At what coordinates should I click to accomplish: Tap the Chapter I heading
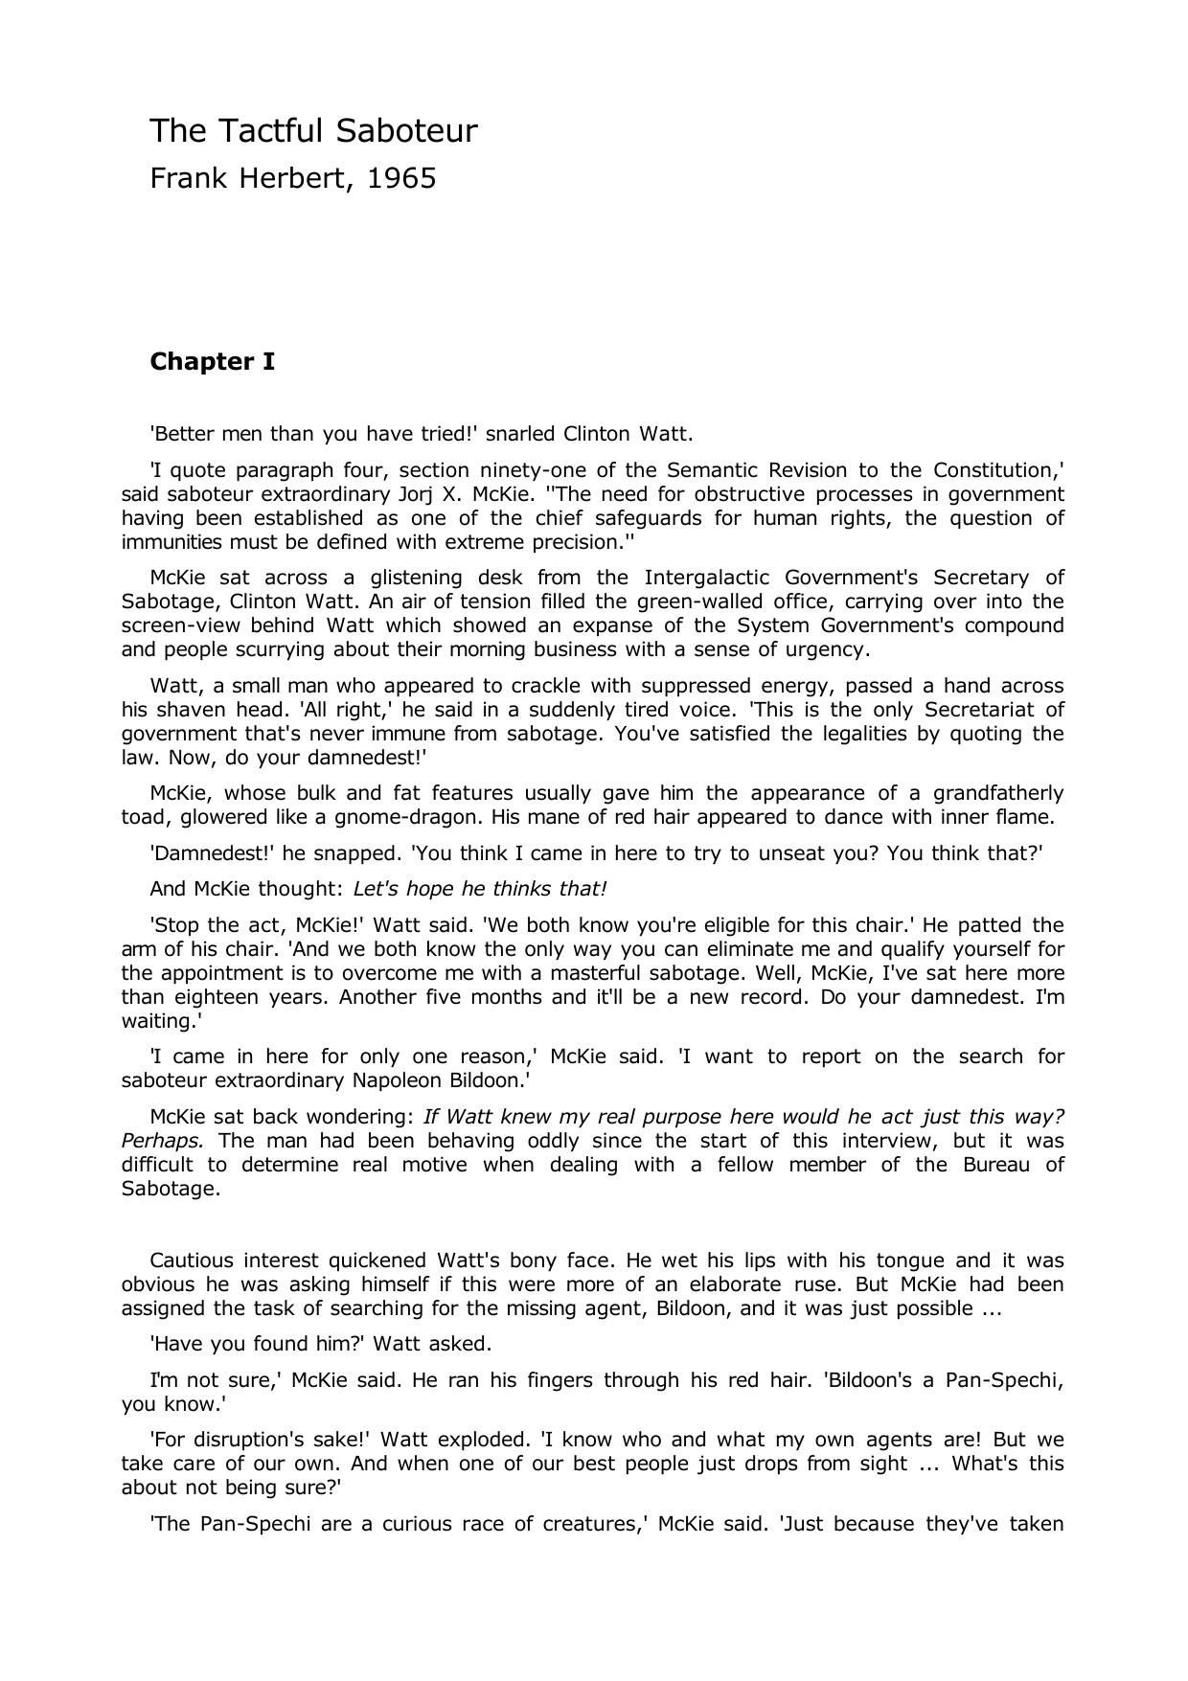coord(212,361)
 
